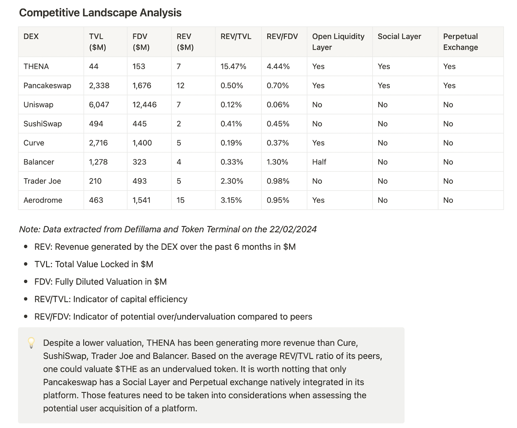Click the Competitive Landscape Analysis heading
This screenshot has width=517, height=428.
coord(100,13)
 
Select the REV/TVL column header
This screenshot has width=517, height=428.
coord(236,37)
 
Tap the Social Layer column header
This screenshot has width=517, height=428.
coord(399,37)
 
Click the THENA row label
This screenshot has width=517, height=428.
coord(36,67)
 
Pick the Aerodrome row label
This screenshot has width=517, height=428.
coord(43,200)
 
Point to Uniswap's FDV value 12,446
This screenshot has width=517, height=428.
coord(144,105)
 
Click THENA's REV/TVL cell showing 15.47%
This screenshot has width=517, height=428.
coord(233,67)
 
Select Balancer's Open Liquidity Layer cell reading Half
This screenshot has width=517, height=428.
coord(319,162)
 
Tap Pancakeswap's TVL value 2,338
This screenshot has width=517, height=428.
coord(99,86)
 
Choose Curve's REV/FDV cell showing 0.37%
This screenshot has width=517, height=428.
coord(278,143)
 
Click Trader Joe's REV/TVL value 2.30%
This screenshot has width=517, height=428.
coord(232,181)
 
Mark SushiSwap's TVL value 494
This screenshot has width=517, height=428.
coord(96,124)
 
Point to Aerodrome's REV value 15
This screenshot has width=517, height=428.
coord(180,200)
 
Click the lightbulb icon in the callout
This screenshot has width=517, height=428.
coord(31,343)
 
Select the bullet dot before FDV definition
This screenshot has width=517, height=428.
coord(26,282)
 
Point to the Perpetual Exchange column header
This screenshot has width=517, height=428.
coord(460,42)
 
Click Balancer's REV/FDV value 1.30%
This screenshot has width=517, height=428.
coord(277,162)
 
